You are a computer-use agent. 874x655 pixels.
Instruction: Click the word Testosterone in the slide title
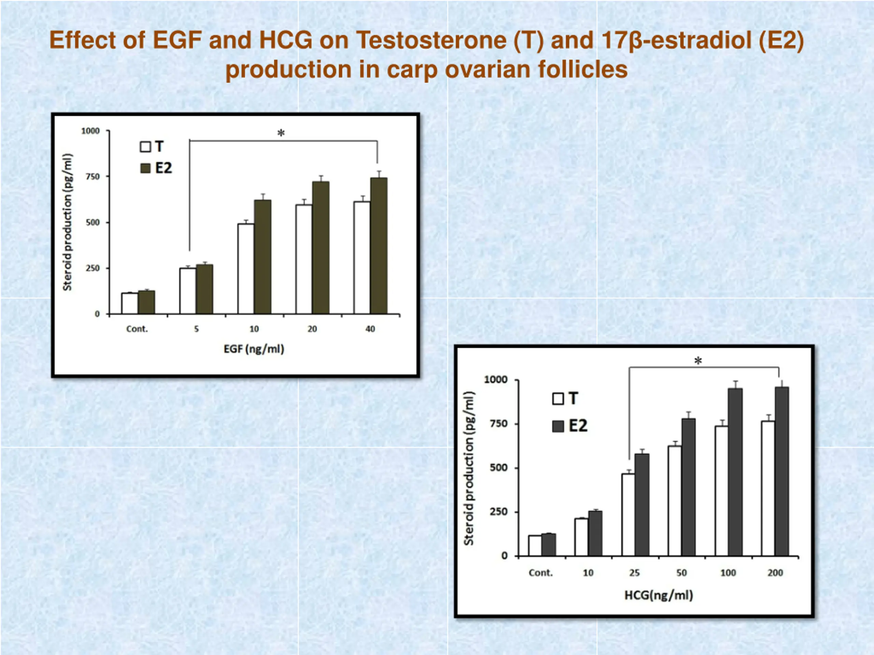(x=431, y=40)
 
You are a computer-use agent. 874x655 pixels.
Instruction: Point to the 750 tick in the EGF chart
(x=93, y=176)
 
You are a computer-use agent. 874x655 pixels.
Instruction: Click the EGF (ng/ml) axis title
(x=254, y=349)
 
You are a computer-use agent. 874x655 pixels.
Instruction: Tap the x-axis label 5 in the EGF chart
(x=196, y=329)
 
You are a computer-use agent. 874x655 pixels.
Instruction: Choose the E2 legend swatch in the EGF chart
(x=145, y=168)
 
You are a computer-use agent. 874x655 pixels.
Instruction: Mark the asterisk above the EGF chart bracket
(x=281, y=133)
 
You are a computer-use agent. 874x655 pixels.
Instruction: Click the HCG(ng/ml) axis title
(x=659, y=595)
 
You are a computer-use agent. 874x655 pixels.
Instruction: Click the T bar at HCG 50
(x=675, y=500)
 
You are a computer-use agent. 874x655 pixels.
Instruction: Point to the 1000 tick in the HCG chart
(x=495, y=380)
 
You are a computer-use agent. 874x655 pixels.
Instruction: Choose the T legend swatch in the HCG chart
(x=558, y=398)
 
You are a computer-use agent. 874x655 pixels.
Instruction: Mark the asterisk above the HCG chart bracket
(x=698, y=361)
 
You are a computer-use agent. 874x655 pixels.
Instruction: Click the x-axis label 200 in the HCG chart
(x=775, y=572)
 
